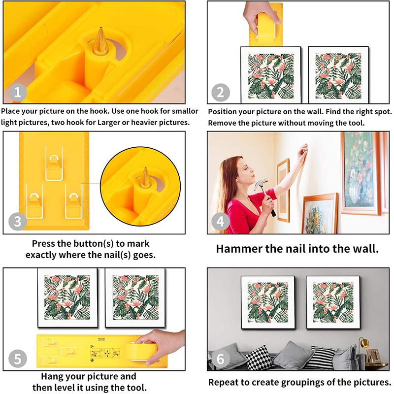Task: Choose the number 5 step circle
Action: click(x=18, y=358)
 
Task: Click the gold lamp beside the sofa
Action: click(x=363, y=343)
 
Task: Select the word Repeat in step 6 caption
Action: click(x=223, y=382)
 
